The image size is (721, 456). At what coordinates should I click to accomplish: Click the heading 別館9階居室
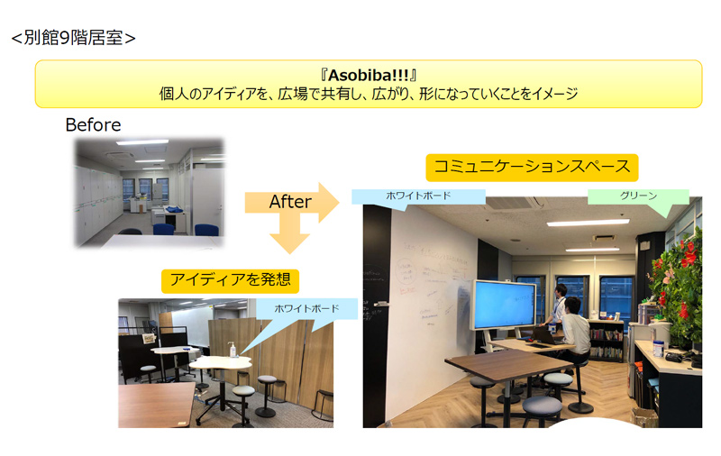click(x=74, y=38)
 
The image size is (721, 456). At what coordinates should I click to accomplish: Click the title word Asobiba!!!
click(x=369, y=75)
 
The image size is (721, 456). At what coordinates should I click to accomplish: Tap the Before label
click(x=94, y=124)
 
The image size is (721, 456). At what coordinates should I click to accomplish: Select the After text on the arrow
click(x=290, y=201)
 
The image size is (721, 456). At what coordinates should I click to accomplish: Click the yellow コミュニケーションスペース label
click(x=532, y=168)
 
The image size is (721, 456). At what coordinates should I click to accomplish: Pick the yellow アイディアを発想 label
click(x=230, y=280)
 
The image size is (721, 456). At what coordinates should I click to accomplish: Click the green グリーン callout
click(x=638, y=196)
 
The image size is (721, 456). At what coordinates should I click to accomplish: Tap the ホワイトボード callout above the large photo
click(x=418, y=196)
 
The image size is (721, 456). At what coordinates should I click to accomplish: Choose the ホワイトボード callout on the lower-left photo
click(x=306, y=308)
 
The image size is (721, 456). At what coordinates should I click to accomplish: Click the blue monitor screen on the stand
click(x=505, y=304)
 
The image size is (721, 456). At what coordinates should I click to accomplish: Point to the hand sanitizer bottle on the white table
click(x=233, y=350)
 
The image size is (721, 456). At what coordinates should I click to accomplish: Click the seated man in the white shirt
click(x=574, y=329)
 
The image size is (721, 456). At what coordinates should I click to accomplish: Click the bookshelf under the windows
click(x=606, y=341)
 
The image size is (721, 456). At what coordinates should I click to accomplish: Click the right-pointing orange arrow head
click(x=329, y=202)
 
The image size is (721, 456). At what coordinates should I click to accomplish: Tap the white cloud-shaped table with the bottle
click(x=221, y=363)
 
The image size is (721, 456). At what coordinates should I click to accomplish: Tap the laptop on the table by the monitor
click(x=545, y=336)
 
